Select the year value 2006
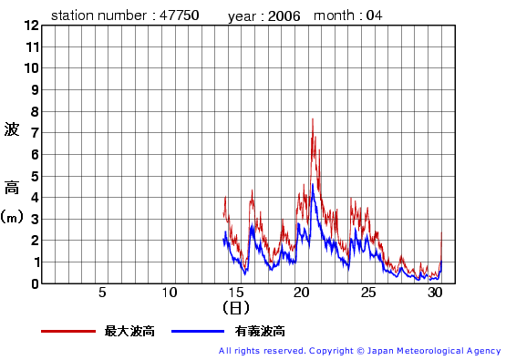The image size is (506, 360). pos(284,15)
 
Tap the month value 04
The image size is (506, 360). pos(375,15)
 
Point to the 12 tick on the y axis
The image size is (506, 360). pos(33,26)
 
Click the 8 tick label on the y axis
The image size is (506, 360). pos(36,111)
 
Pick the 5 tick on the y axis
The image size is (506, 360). pos(36,176)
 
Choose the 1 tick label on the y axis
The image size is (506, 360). pos(36,262)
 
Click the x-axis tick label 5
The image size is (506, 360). pos(102,293)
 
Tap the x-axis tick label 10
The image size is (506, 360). pos(169,293)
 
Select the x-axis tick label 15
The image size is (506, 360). pos(235,293)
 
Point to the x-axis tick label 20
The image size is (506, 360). pos(302,293)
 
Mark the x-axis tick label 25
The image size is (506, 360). pos(368,293)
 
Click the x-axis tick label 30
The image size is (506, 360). pos(435,293)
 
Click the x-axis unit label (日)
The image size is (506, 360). pos(235,310)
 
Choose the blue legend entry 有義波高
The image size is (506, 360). pos(259,331)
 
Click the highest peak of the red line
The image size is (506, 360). pos(313,118)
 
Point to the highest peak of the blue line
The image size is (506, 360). pos(313,185)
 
